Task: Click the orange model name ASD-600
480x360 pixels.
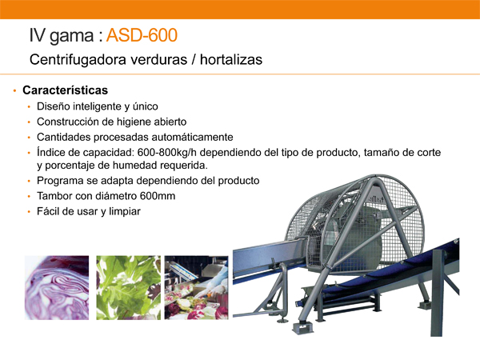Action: (142, 35)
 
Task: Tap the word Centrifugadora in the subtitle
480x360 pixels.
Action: (78, 59)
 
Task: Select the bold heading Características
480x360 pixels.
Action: (66, 90)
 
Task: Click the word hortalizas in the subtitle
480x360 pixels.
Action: (231, 59)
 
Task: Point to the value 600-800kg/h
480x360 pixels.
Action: (167, 153)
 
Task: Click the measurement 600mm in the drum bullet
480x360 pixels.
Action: (158, 196)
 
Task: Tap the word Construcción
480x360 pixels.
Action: (68, 122)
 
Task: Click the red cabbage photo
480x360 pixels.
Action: (57, 288)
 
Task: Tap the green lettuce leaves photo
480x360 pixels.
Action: (129, 288)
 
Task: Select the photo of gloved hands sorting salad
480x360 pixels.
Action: (197, 288)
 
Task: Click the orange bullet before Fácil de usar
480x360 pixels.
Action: (29, 211)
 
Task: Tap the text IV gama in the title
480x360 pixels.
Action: (62, 36)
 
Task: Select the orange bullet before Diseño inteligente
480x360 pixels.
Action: (29, 107)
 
